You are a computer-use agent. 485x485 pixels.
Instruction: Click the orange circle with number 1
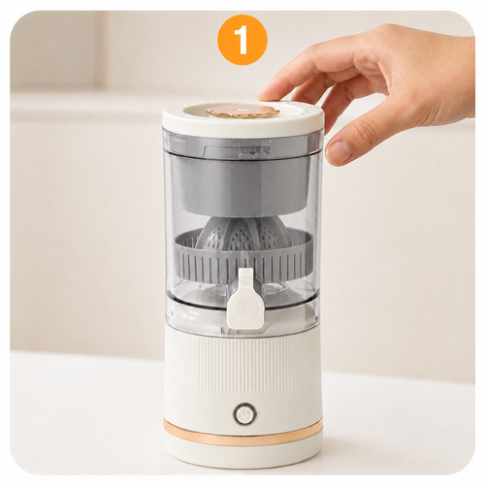coord(242,40)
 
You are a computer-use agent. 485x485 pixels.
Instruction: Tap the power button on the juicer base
coord(244,413)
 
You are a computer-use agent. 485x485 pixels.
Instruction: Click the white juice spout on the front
coord(242,298)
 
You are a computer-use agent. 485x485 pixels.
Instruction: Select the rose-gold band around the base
coord(242,433)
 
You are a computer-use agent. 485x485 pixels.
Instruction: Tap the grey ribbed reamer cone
coord(242,232)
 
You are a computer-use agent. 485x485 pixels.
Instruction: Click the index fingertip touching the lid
coord(267,96)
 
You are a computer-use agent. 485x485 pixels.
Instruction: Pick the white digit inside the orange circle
coord(242,41)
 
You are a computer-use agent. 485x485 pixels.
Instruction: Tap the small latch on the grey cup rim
coord(255,152)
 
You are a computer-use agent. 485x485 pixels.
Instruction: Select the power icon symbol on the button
coord(244,413)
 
